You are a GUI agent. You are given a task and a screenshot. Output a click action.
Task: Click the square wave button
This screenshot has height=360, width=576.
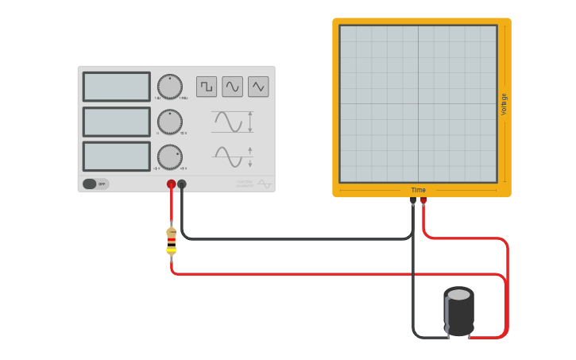[207, 86]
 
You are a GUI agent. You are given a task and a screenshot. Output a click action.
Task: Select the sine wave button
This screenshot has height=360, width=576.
[232, 86]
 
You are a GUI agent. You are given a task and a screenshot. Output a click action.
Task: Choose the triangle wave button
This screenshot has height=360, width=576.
[258, 86]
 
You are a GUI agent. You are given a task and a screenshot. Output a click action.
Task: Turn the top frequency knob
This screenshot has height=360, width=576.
[169, 87]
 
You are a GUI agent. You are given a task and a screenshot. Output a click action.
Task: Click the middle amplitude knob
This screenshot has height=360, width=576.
[169, 122]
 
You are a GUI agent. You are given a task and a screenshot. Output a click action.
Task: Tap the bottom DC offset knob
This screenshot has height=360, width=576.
[169, 157]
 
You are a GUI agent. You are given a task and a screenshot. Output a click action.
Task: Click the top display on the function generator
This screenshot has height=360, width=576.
[116, 87]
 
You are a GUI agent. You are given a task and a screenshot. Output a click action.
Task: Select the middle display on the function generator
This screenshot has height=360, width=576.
[116, 122]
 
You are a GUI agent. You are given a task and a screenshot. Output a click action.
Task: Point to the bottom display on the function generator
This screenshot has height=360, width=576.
[116, 157]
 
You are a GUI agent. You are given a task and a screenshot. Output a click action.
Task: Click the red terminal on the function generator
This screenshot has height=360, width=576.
[171, 184]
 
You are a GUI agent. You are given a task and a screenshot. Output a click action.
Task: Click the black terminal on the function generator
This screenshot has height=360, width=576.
[182, 184]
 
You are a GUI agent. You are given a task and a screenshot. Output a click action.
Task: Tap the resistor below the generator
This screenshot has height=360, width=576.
[171, 241]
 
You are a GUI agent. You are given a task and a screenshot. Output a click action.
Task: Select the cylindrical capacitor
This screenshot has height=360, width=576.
[458, 312]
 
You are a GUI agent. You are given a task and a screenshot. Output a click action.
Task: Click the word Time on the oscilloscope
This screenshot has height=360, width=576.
[418, 190]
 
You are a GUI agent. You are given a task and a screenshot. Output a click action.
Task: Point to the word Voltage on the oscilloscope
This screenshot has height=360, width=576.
[504, 104]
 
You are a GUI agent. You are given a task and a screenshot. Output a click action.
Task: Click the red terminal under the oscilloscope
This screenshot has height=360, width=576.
[423, 201]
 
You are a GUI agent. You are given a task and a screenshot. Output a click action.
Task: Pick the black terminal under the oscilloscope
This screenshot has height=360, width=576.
[413, 201]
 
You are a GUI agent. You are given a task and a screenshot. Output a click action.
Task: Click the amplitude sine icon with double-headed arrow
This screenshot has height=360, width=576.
[233, 122]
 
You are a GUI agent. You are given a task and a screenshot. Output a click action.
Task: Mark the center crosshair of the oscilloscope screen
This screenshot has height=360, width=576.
[418, 104]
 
